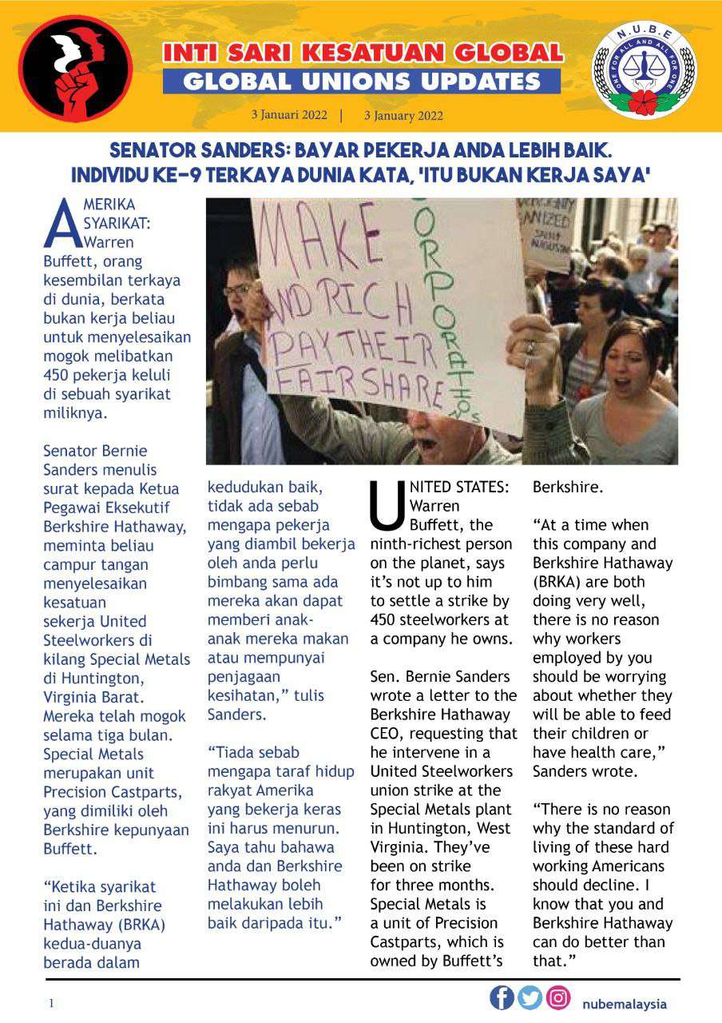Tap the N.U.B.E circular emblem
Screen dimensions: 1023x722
tap(644, 70)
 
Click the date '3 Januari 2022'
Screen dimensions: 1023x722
tap(289, 114)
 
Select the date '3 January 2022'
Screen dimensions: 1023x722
tap(403, 115)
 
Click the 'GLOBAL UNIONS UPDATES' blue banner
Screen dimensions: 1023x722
tap(362, 81)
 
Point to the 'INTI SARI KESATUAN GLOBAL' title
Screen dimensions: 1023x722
tap(363, 53)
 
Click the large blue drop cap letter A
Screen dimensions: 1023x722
tap(61, 224)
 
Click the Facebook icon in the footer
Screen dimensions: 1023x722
tap(502, 997)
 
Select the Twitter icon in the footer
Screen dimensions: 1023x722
tap(530, 997)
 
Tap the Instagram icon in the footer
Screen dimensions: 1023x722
tap(558, 997)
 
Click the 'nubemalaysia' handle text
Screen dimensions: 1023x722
tap(625, 1004)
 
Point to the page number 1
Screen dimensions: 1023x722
tap(52, 1003)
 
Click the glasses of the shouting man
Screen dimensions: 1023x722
tap(240, 289)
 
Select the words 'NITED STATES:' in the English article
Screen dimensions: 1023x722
tap(458, 487)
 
